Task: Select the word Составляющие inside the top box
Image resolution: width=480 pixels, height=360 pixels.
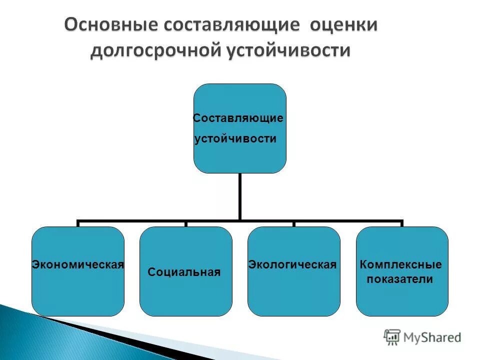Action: tap(238, 118)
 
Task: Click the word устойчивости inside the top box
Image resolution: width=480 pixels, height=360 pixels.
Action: tap(235, 139)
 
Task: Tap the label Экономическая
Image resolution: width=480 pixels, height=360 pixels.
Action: tap(77, 264)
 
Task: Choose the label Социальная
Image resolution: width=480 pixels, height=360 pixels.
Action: tap(184, 272)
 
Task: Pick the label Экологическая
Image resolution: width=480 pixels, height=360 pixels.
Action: tap(292, 264)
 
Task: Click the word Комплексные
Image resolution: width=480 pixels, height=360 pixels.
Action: tap(401, 264)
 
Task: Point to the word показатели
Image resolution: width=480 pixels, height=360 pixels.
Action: tap(400, 279)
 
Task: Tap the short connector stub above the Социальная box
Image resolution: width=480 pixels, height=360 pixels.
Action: tap(185, 223)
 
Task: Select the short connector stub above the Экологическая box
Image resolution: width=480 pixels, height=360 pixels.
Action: tap(293, 223)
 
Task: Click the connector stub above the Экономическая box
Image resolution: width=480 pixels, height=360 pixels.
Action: tap(78, 223)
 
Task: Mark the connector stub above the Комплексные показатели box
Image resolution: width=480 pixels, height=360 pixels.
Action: tap(401, 223)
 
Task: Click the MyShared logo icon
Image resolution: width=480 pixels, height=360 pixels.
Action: tap(392, 337)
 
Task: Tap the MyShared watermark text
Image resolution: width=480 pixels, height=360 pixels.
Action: tap(432, 337)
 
